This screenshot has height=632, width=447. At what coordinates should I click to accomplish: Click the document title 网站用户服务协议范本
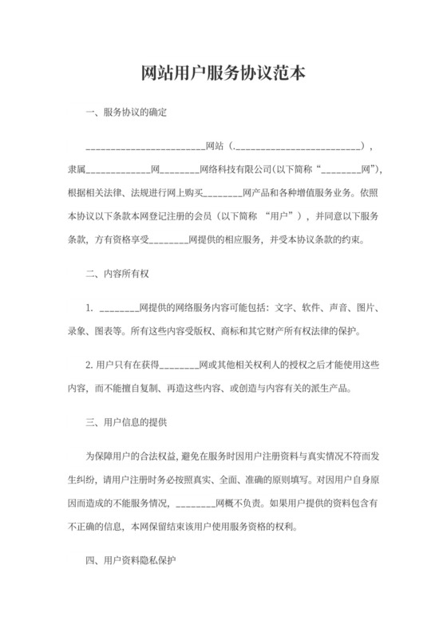223,73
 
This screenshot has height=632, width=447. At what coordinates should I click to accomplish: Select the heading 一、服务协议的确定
126,112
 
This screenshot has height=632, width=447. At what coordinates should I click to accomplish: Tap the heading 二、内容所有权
117,273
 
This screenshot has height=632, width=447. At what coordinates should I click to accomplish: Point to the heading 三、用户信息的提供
126,420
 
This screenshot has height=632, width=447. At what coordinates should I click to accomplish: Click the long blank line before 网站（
144,148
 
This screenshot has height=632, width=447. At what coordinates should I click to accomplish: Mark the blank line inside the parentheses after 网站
298,148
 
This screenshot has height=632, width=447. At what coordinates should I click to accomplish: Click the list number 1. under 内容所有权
90,307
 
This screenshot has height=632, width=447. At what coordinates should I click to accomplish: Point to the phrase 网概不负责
240,504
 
